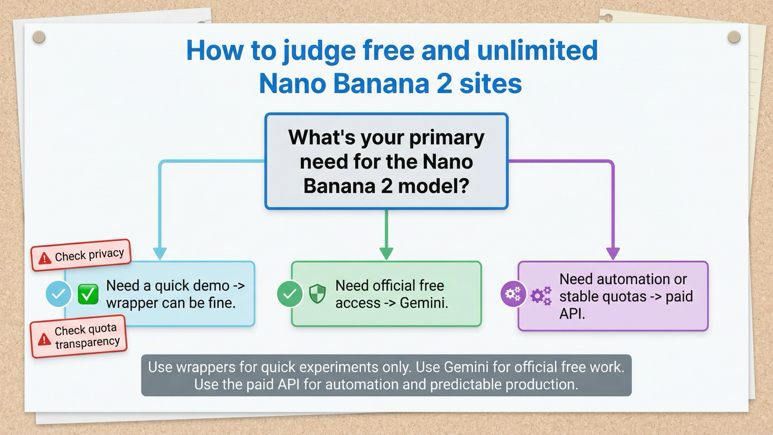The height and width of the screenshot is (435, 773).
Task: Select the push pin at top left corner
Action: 39,37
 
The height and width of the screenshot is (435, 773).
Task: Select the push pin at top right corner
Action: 734,37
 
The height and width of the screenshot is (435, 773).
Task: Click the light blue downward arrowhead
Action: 160,253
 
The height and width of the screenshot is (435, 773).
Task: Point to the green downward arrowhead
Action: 386,253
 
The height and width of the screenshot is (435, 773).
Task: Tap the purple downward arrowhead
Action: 613,253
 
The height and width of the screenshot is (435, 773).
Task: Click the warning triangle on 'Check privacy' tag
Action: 44,258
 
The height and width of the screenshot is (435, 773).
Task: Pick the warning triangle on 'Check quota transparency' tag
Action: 44,340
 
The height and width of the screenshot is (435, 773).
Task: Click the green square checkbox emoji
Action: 88,294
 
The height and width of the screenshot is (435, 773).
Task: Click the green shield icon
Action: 317,294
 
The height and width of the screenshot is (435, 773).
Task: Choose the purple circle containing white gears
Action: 513,294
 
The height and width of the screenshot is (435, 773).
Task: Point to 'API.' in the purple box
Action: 572,314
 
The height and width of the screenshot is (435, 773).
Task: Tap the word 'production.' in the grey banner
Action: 542,384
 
